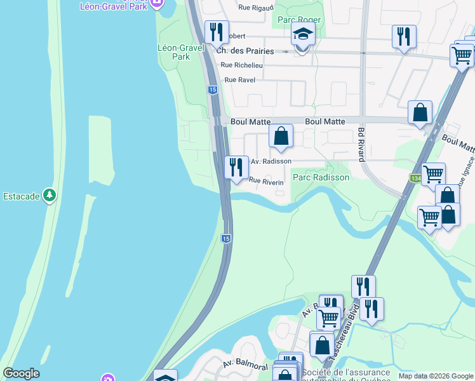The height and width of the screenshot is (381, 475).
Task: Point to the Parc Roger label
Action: (x=299, y=20)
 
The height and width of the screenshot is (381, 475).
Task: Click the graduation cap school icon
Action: (x=303, y=35)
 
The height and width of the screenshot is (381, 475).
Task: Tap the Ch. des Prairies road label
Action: (x=245, y=51)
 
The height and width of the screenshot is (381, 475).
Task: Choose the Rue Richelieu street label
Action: (x=242, y=65)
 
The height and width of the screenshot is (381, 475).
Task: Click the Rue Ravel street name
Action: (x=239, y=80)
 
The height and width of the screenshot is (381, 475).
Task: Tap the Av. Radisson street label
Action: (x=271, y=161)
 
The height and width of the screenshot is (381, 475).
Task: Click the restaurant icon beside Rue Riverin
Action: (x=236, y=168)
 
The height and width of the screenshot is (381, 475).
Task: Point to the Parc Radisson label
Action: (x=321, y=177)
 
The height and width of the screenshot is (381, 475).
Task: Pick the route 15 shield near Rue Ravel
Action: (x=212, y=90)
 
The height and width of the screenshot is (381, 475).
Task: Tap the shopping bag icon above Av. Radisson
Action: (x=281, y=136)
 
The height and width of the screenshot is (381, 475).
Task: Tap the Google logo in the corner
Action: (x=21, y=373)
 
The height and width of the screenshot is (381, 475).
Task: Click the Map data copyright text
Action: (x=435, y=376)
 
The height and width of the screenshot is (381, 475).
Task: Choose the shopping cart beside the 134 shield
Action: (x=433, y=173)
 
